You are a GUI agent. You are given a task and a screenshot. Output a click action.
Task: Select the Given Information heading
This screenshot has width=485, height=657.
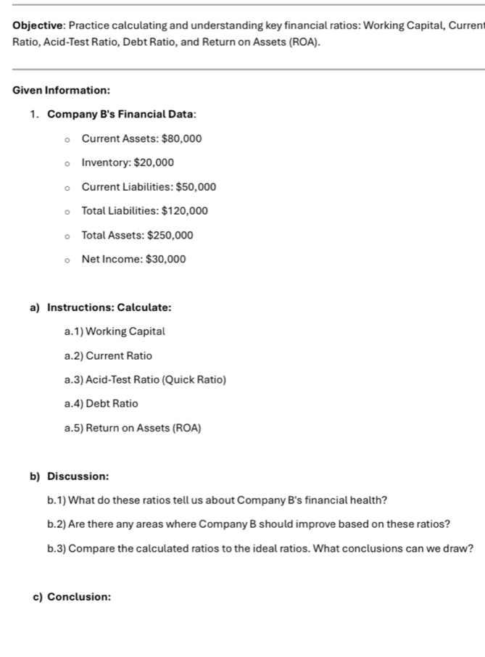62,91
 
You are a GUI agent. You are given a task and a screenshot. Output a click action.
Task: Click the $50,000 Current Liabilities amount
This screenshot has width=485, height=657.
196,187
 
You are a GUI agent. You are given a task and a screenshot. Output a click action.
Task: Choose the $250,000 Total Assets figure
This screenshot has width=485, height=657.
170,235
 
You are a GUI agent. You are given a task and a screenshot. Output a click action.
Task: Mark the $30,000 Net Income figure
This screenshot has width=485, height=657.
165,259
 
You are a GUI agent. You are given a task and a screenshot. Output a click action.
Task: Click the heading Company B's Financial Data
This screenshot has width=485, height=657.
122,115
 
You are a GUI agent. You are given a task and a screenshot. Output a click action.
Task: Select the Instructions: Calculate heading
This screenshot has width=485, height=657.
109,307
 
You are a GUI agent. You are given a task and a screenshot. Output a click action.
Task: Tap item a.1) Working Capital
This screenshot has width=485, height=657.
115,331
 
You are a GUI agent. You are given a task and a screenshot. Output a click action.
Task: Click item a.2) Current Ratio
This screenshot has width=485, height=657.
108,356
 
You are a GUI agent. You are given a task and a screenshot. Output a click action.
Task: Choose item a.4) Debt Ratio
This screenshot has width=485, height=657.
101,403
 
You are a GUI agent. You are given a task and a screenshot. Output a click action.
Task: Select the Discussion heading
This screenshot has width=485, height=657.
78,476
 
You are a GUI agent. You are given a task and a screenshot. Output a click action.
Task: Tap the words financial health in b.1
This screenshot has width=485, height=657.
344,500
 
